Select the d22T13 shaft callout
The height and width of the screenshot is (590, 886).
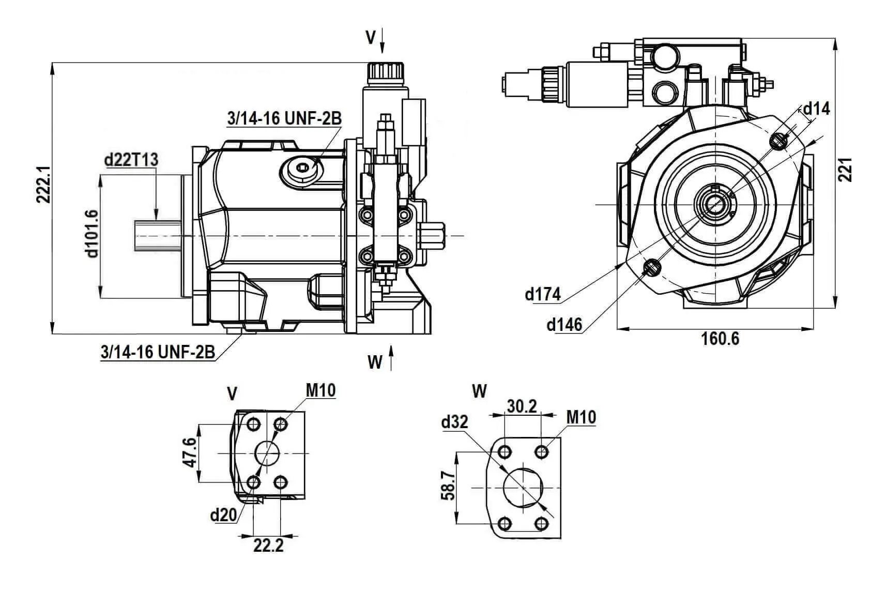[x=131, y=160]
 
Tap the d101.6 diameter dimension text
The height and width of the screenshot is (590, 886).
[x=92, y=234]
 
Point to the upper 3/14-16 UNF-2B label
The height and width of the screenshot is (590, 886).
[x=284, y=118]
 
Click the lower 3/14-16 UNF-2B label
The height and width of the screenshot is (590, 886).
[x=158, y=352]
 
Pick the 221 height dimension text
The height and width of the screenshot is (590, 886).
[x=845, y=170]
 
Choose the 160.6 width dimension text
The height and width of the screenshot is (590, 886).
[x=720, y=339]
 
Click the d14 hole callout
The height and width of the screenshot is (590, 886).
[x=817, y=109]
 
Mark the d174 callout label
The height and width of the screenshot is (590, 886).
[x=543, y=294]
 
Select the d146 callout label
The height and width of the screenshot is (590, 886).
[x=564, y=325]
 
